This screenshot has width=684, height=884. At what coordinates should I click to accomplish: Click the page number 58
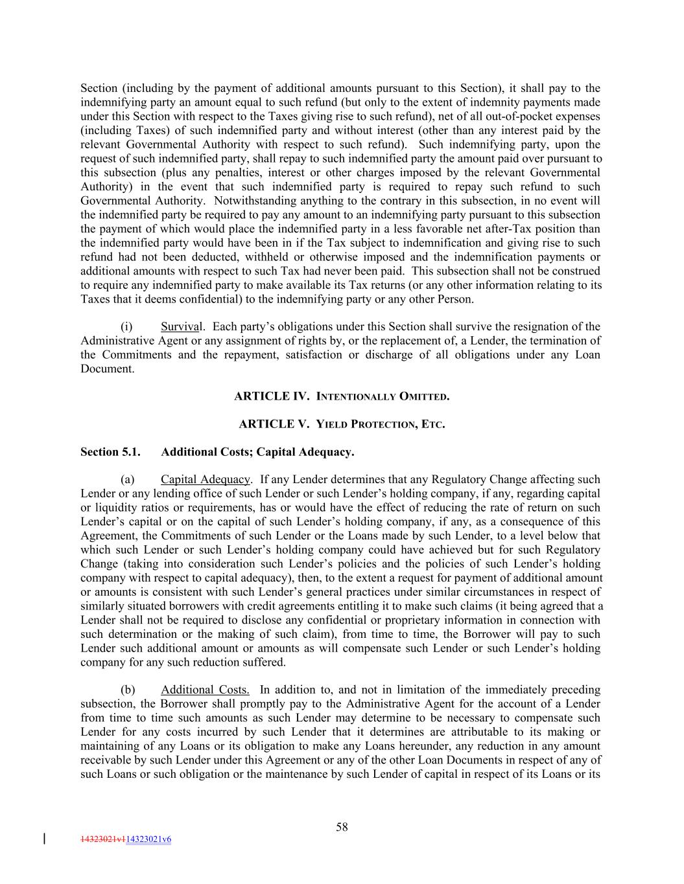tap(342, 826)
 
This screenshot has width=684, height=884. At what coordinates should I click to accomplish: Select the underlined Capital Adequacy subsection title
tap(205, 479)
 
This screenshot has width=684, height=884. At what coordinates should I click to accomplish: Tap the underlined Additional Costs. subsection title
tap(205, 689)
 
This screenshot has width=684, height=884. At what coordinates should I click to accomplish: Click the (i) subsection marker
tap(127, 326)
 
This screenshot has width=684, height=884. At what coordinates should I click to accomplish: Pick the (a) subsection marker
tap(128, 479)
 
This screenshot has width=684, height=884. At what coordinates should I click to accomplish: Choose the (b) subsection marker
tap(128, 689)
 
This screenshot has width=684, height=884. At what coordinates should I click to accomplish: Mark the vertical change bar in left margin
tap(44, 839)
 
